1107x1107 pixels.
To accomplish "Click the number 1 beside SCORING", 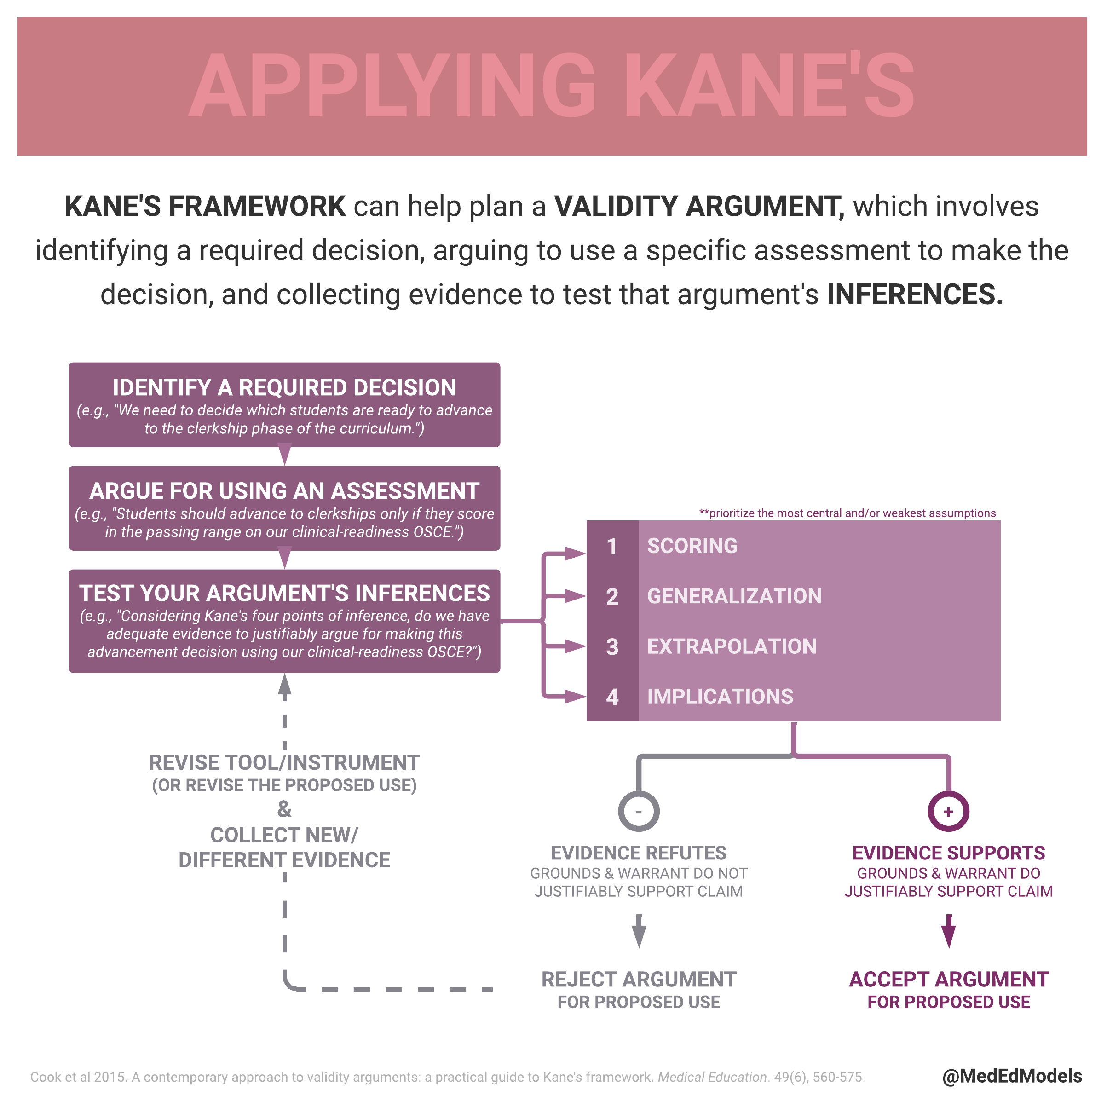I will [x=612, y=546].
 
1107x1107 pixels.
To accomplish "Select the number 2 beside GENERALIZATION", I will [x=612, y=596].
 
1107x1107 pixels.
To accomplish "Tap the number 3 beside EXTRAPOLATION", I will [x=612, y=647].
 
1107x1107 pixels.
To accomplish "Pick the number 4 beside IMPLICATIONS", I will [x=612, y=697].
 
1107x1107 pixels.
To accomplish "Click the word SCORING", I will [x=692, y=546].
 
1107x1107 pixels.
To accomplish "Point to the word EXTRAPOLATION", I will [x=732, y=646].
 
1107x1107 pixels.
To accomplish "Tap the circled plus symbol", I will [x=948, y=811].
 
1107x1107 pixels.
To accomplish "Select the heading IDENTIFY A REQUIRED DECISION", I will [x=284, y=387].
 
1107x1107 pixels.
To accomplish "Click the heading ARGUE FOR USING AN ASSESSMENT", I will [x=284, y=491].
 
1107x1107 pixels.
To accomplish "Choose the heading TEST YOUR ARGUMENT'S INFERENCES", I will [x=284, y=593].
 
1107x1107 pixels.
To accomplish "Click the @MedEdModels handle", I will [x=1012, y=1076].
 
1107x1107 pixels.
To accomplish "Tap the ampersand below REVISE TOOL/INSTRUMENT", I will [x=284, y=809].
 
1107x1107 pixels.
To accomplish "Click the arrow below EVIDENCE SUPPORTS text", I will [x=948, y=932].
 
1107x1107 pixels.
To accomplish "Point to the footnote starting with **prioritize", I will [x=848, y=513].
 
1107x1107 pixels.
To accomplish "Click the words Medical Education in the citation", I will [x=712, y=1077].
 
